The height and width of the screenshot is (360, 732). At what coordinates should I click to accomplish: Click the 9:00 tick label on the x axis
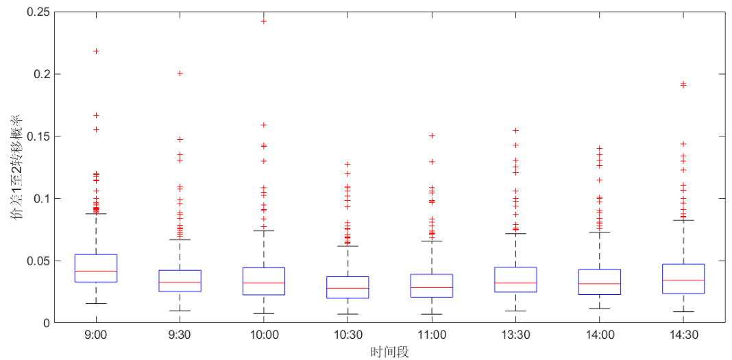[96, 335]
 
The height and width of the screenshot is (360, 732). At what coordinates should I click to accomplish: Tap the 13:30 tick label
[515, 335]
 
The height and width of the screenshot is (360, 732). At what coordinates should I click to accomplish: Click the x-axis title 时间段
[389, 351]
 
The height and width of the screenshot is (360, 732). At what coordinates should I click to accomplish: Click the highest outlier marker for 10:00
[264, 21]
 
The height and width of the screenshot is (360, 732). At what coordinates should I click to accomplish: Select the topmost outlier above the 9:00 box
[96, 51]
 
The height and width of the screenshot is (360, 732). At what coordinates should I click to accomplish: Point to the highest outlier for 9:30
[180, 73]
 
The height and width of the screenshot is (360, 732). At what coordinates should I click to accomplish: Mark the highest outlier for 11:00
[432, 136]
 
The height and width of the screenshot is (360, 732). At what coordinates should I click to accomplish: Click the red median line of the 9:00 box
[96, 271]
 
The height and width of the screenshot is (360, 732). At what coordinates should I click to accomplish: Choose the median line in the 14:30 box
[683, 280]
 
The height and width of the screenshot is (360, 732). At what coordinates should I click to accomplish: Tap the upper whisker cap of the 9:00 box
[96, 213]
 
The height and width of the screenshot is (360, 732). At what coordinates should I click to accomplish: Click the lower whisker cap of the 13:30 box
[515, 311]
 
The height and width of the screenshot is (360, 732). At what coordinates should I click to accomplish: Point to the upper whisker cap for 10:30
[347, 245]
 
